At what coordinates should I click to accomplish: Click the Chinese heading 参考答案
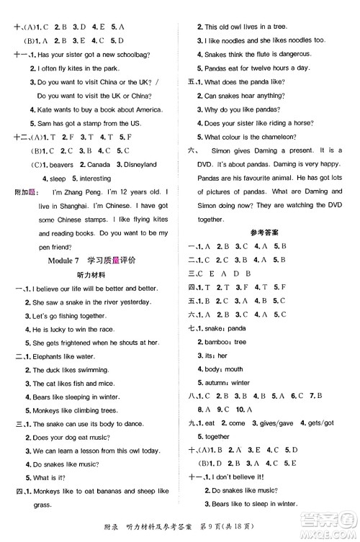click(x=253, y=249)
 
